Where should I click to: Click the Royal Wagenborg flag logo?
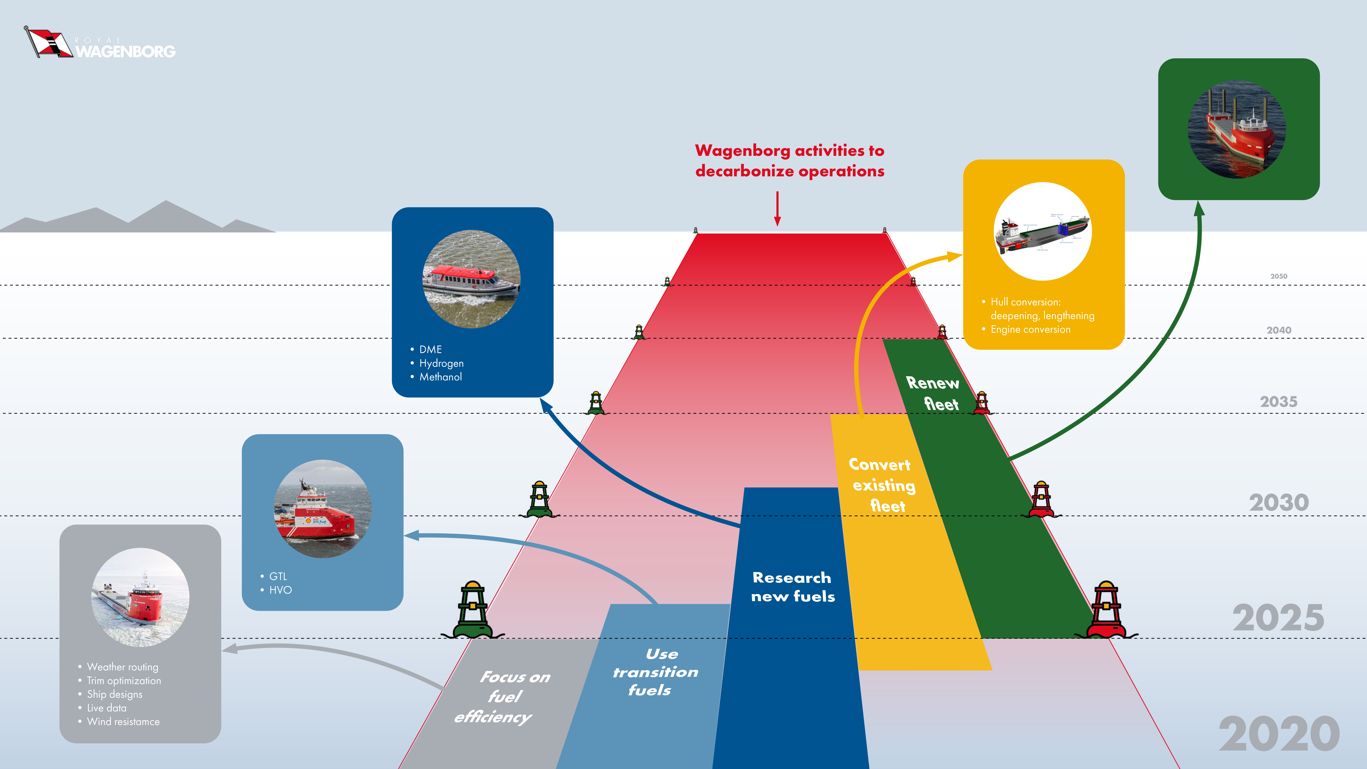(x=48, y=42)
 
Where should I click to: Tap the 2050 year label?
(x=1278, y=276)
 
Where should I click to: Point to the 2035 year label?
(x=1278, y=402)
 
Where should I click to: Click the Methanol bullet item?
(x=441, y=377)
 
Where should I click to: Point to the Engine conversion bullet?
(x=1030, y=330)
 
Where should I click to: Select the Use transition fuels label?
(x=655, y=672)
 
